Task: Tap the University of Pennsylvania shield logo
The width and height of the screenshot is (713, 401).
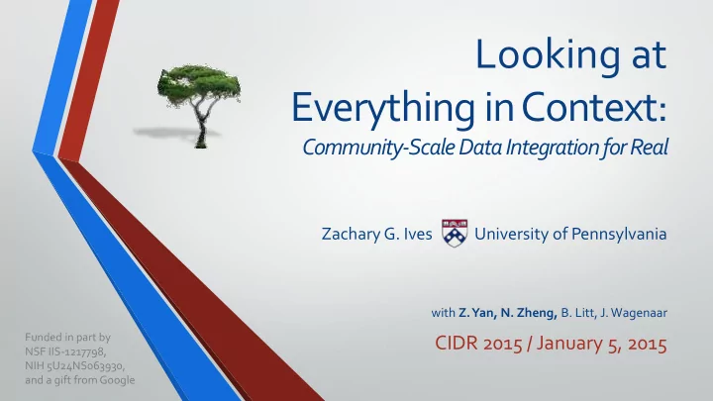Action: (x=455, y=233)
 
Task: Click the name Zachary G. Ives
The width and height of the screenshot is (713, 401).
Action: (x=376, y=234)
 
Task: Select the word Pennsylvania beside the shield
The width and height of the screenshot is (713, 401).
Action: (x=618, y=234)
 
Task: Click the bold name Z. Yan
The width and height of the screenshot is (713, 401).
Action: (x=477, y=313)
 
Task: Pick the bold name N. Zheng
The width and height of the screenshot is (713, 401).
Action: (x=529, y=313)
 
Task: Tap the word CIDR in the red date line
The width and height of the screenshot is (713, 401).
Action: (x=457, y=344)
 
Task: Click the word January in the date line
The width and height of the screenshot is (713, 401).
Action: (x=569, y=344)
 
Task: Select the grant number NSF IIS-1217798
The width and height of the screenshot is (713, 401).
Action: (x=65, y=351)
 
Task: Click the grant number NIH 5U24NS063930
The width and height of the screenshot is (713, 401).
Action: (x=74, y=365)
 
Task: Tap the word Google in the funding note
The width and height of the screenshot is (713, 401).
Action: (x=117, y=380)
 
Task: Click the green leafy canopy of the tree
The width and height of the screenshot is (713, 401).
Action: (x=199, y=84)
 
